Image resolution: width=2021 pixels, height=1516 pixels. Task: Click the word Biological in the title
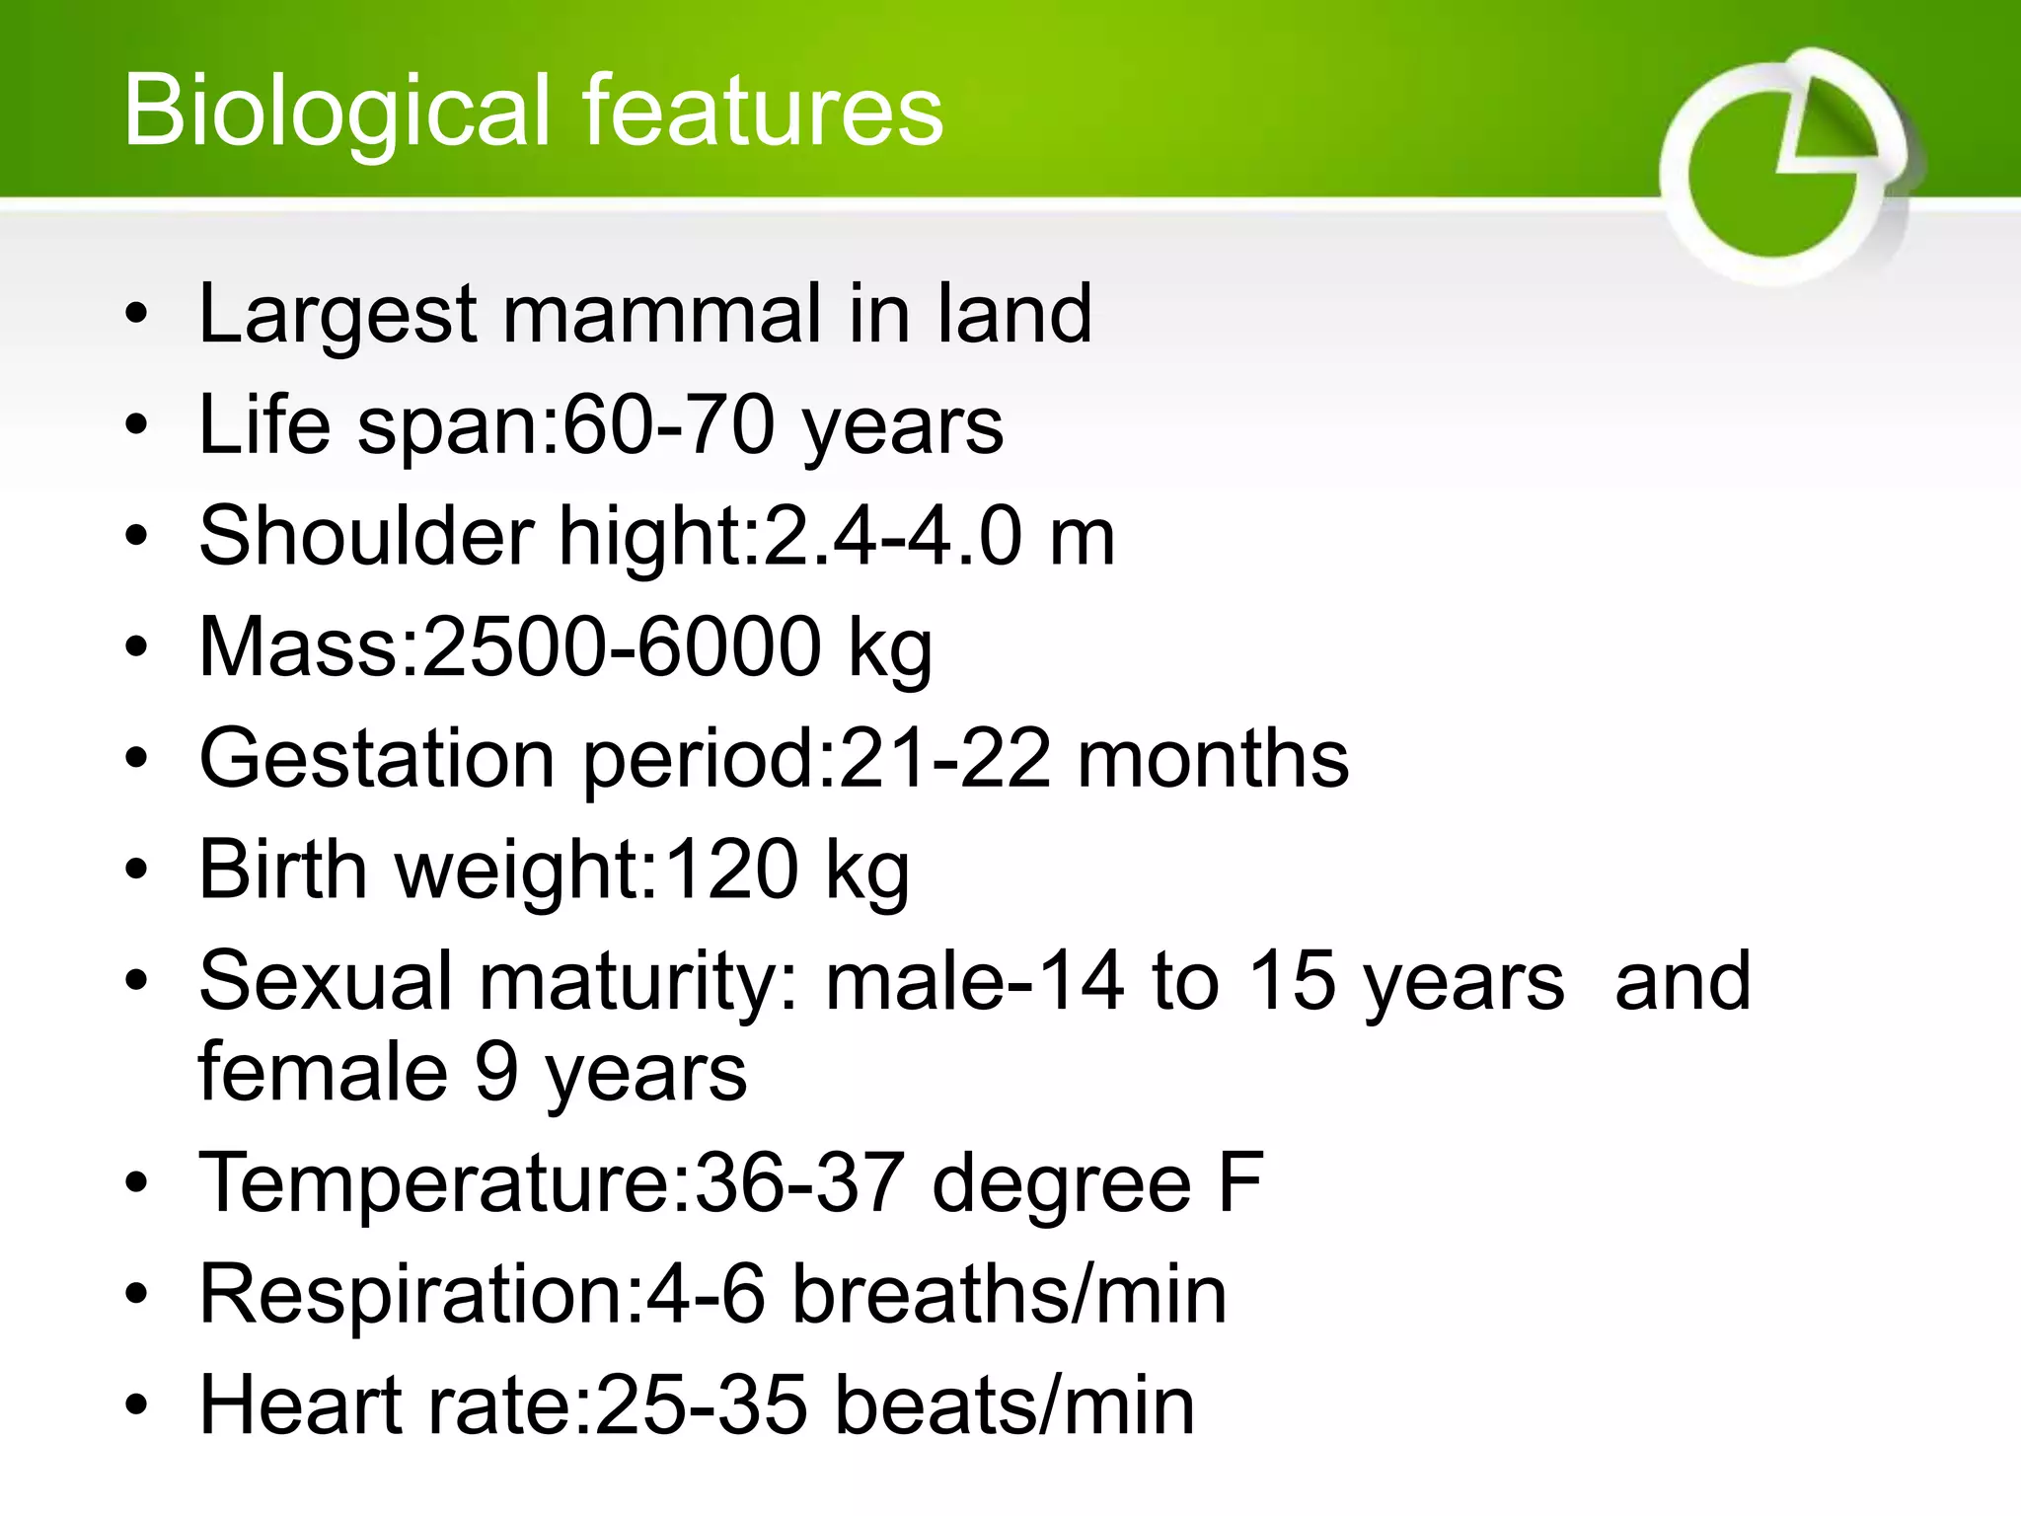coord(336,111)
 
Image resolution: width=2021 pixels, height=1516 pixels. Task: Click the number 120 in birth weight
coord(730,870)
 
